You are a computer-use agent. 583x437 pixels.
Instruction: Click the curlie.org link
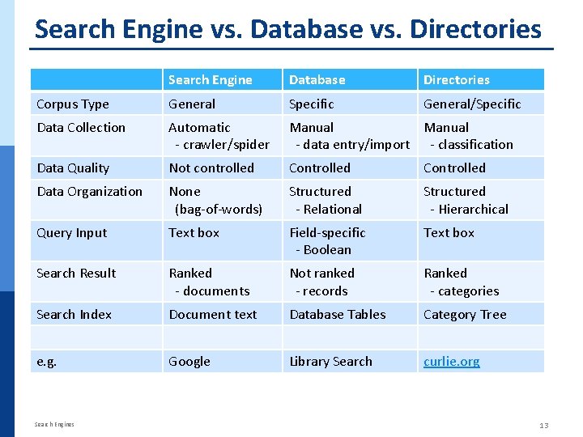pyautogui.click(x=451, y=361)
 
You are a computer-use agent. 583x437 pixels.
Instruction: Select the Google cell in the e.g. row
pyautogui.click(x=189, y=361)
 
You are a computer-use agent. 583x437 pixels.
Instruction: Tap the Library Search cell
pyautogui.click(x=330, y=361)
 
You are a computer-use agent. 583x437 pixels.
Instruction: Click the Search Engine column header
pyautogui.click(x=210, y=79)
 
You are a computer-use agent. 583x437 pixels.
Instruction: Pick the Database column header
pyautogui.click(x=317, y=79)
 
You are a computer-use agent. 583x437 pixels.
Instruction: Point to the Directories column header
pyautogui.click(x=456, y=79)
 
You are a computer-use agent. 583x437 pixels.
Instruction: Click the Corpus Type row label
pyautogui.click(x=73, y=104)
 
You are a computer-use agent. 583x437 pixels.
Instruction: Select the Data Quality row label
pyautogui.click(x=73, y=168)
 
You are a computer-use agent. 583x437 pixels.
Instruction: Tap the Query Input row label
pyautogui.click(x=72, y=232)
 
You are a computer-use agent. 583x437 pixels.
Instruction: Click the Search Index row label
pyautogui.click(x=74, y=314)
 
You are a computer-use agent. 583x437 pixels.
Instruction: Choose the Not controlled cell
pyautogui.click(x=211, y=168)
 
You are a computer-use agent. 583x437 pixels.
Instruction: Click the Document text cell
pyautogui.click(x=212, y=314)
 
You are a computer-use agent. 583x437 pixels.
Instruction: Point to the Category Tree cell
pyautogui.click(x=465, y=314)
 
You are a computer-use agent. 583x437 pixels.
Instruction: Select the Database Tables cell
pyautogui.click(x=338, y=314)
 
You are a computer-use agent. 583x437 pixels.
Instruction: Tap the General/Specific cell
pyautogui.click(x=472, y=104)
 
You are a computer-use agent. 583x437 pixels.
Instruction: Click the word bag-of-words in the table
pyautogui.click(x=219, y=209)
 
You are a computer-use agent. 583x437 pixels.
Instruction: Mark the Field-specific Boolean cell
pyautogui.click(x=327, y=240)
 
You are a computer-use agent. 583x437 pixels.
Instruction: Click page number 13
pyautogui.click(x=543, y=426)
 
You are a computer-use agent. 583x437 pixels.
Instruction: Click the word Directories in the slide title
pyautogui.click(x=475, y=29)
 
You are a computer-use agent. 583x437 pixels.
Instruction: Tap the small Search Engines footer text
pyautogui.click(x=54, y=424)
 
